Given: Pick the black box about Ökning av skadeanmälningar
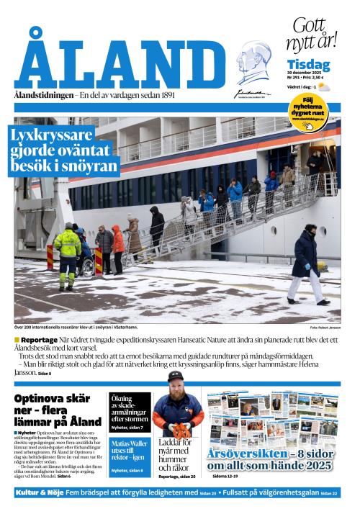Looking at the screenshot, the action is [130, 412].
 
